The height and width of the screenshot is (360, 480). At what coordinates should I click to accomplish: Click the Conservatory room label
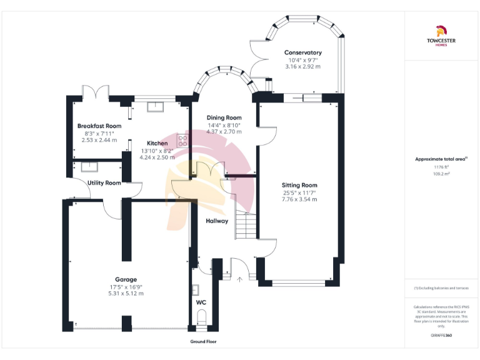pos(302,52)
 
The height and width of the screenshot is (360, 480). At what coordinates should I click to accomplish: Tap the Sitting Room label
pos(299,185)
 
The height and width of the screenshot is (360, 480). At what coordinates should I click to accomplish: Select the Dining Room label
pos(224,117)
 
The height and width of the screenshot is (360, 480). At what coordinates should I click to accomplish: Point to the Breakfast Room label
pos(99,126)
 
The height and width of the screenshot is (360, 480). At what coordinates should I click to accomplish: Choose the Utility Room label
pos(104,183)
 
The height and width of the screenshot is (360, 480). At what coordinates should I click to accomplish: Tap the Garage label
pos(126,279)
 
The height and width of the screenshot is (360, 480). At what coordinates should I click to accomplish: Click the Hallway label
pos(217,221)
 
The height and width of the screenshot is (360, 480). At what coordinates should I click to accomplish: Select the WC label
pos(201,302)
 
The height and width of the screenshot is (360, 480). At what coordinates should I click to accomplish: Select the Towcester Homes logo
pos(441,36)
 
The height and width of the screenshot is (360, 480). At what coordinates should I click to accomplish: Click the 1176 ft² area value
pos(441,167)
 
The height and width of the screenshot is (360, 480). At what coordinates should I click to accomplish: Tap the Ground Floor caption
pos(203,342)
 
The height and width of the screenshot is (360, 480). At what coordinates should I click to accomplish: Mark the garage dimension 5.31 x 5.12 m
pos(126,293)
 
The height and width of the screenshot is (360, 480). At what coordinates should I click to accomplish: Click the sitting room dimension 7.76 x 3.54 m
pos(299,199)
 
